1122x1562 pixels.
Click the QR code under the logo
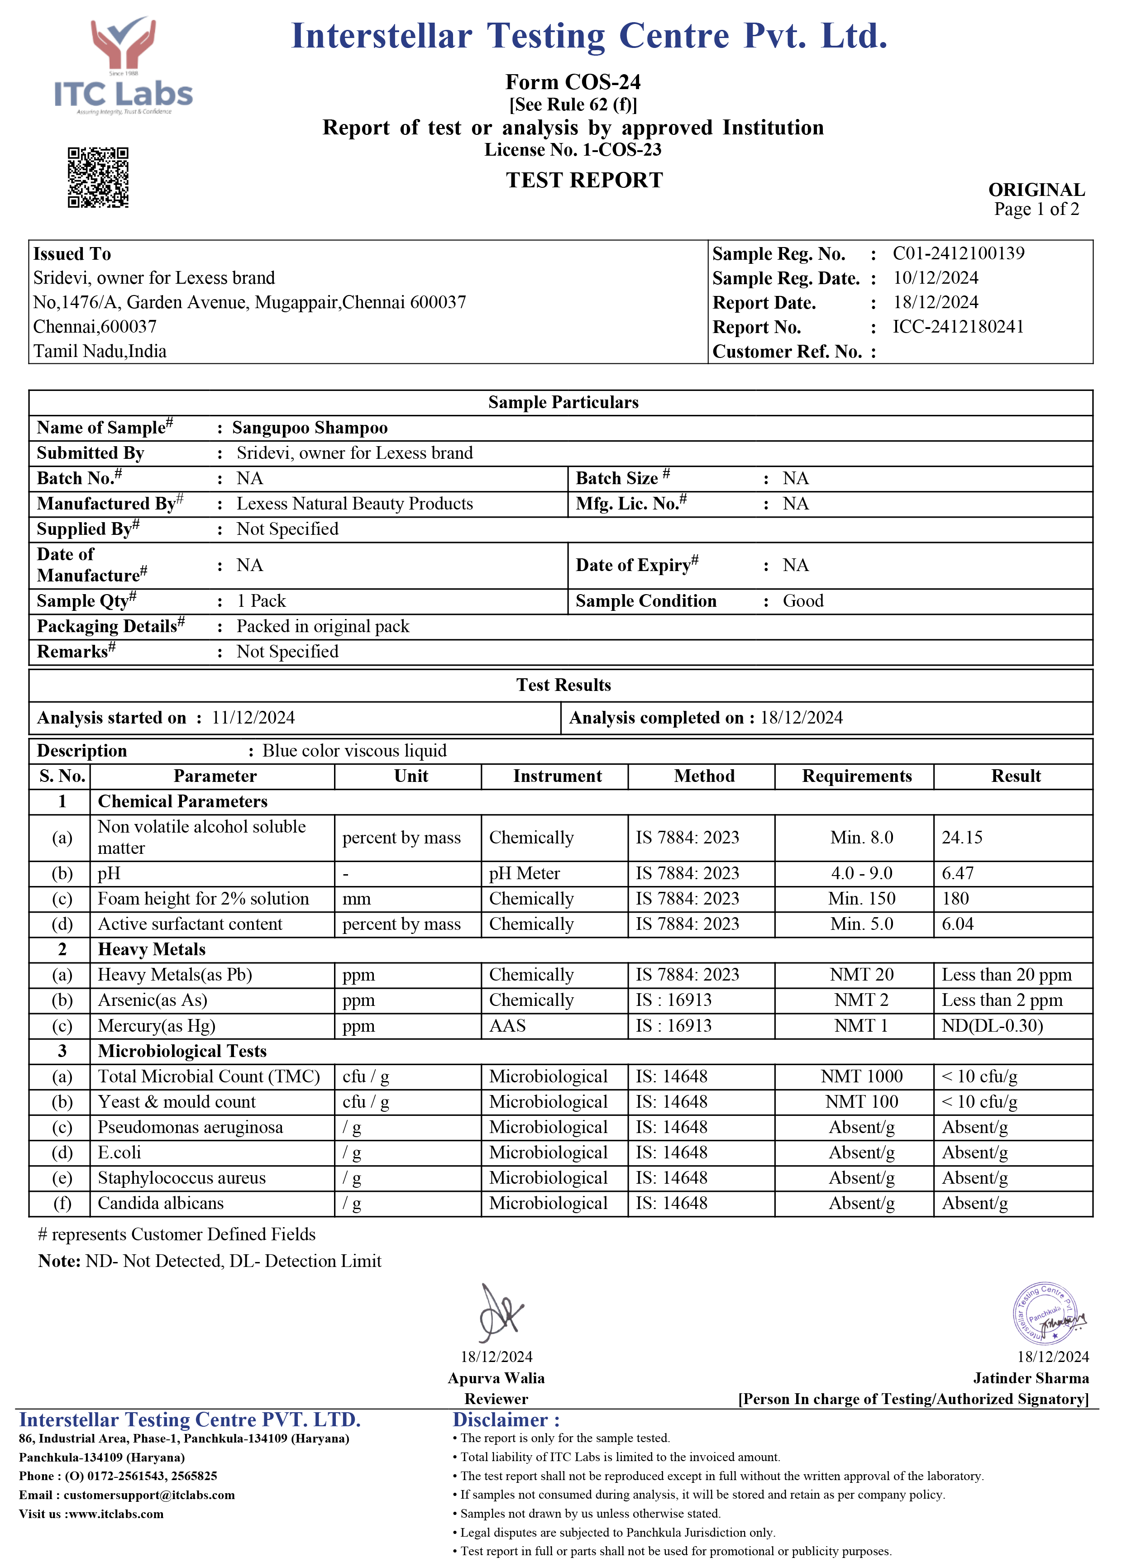(x=98, y=177)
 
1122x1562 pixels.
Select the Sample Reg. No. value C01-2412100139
(x=958, y=253)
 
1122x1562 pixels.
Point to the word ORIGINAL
(x=1036, y=190)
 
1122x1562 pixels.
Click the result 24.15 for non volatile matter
(x=961, y=838)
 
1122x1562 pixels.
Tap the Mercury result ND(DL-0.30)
(x=992, y=1025)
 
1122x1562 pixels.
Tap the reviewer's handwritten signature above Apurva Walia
(x=501, y=1312)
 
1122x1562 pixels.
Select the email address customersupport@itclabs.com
(x=149, y=1495)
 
